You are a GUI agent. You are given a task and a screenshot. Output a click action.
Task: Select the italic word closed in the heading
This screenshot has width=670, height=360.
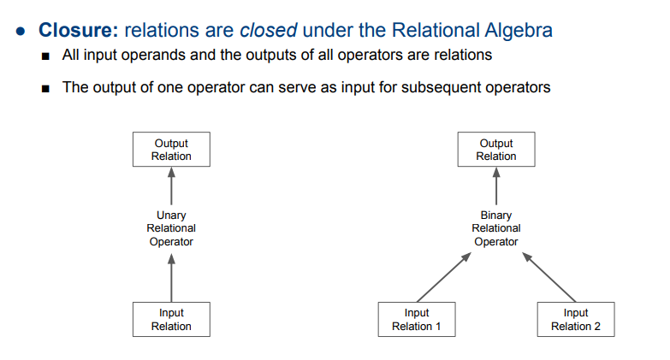267,30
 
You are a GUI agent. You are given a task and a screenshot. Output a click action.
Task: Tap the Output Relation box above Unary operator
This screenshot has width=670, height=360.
171,150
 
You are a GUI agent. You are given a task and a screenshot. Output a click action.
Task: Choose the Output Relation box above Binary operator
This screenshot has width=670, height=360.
496,150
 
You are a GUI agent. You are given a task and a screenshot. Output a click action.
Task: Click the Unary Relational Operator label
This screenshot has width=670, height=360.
171,228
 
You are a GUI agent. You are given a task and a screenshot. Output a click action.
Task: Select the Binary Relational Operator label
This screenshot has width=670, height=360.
496,228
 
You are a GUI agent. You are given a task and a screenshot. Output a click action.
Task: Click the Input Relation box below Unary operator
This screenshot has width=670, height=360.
171,319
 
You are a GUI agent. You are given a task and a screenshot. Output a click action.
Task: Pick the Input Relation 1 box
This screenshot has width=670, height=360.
417,319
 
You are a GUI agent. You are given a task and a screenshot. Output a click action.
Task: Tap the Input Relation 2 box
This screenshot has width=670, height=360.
576,319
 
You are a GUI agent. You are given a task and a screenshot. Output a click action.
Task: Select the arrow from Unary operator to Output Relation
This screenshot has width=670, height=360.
171,186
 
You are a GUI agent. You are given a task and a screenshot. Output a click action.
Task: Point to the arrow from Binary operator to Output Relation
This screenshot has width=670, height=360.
496,186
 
